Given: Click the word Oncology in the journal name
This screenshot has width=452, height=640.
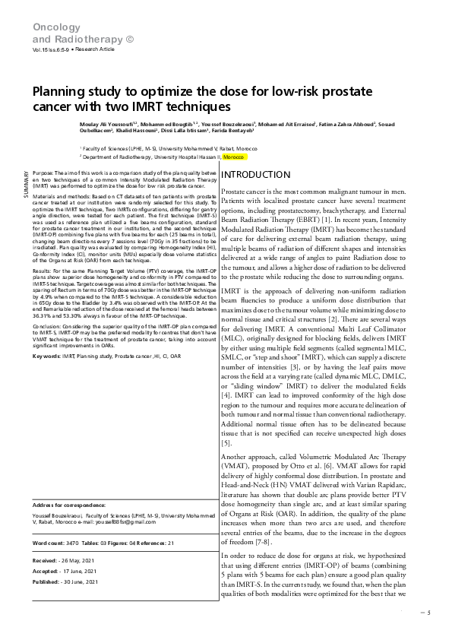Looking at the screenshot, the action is (x=52, y=27).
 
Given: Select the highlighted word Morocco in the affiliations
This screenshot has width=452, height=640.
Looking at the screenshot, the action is (x=235, y=157).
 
